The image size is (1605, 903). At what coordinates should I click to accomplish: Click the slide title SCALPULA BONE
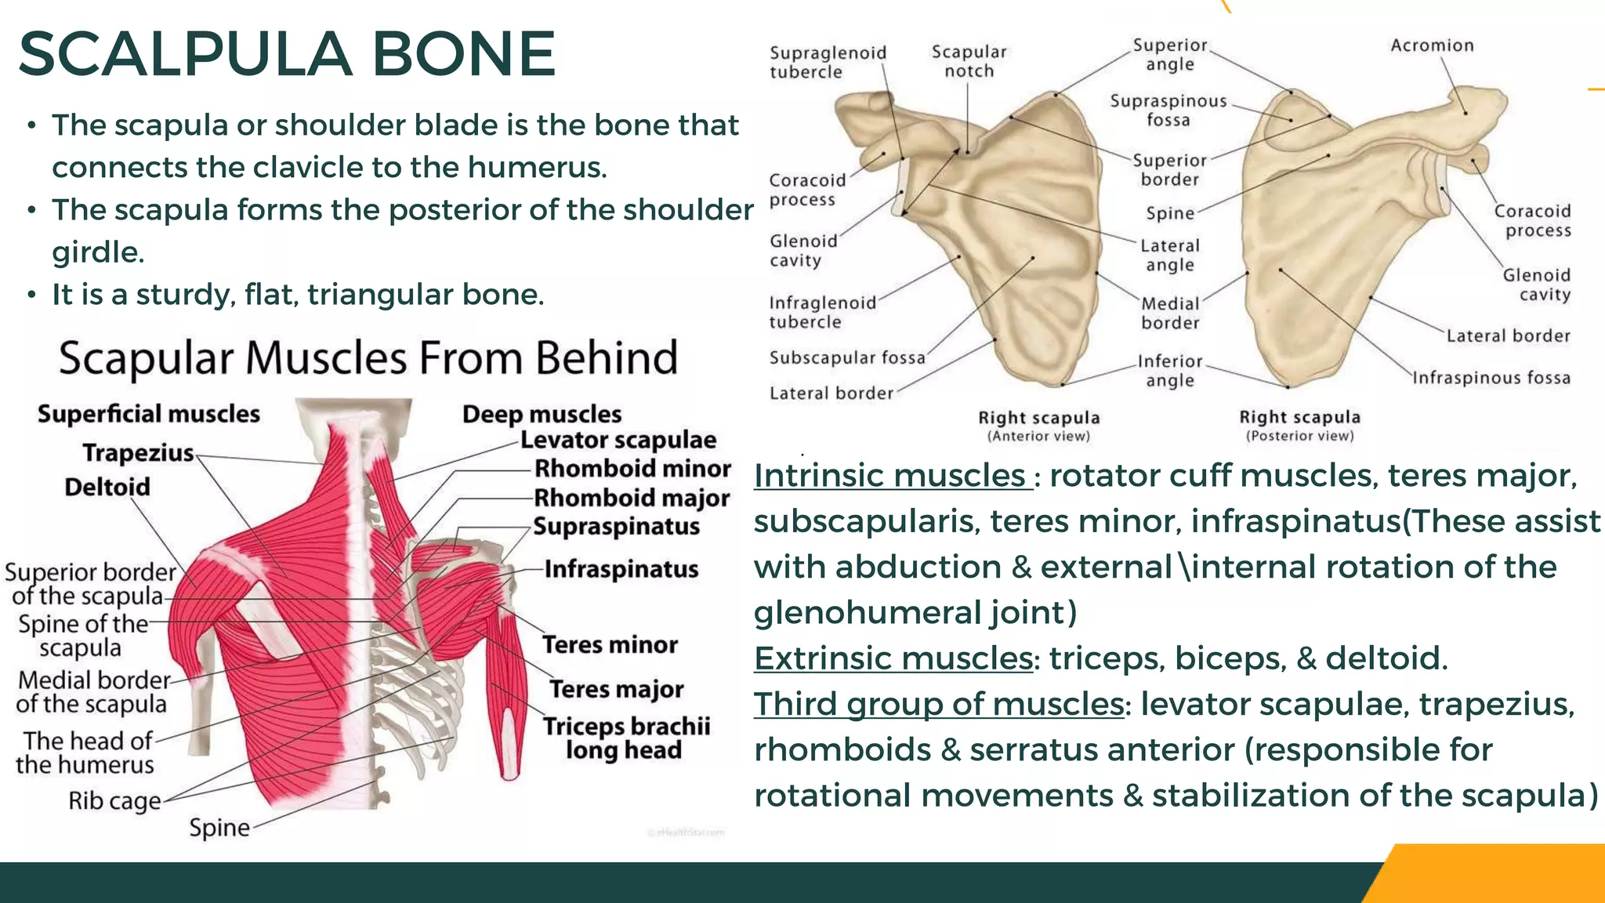pos(287,54)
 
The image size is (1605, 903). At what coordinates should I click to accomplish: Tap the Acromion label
pos(1432,45)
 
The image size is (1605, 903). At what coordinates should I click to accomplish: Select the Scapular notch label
pos(969,61)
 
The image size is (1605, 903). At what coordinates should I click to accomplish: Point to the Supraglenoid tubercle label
pos(827,62)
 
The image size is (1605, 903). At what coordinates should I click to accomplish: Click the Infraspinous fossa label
pos(1491,378)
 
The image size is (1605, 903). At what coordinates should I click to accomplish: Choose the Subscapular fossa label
pos(846,358)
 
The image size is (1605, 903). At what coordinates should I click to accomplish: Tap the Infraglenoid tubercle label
pos(821,312)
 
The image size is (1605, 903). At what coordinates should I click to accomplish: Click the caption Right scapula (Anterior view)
pos(1038,426)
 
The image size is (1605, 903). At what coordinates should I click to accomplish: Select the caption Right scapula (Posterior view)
pos(1299,426)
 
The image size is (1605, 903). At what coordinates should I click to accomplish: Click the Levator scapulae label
pos(618,440)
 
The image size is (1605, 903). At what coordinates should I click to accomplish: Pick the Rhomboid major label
pos(632,498)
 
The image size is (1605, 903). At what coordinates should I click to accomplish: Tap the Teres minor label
pos(610,644)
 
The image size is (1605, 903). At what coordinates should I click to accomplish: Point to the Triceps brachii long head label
pos(626,738)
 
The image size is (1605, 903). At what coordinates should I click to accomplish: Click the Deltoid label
pos(107,487)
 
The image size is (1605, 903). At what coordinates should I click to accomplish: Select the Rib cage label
pos(114,801)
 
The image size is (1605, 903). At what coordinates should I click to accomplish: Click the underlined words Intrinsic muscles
pos(891,476)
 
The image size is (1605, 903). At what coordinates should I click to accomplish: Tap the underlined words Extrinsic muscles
pos(893,658)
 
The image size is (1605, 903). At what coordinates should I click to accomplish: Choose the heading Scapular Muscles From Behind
pos(368,358)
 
